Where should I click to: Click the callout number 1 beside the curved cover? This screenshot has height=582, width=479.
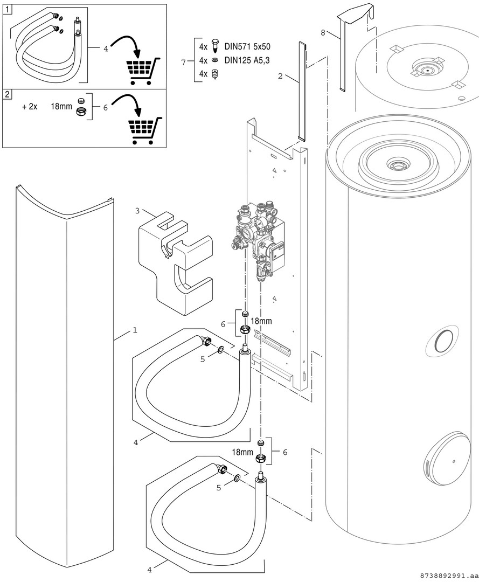coord(135,330)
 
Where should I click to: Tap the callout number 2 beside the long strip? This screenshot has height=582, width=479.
coord(280,76)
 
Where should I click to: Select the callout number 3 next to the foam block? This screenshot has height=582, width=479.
coord(137,210)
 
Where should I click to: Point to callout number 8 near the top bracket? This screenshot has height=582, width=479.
coord(323,32)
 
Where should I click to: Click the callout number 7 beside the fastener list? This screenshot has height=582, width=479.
coord(184,61)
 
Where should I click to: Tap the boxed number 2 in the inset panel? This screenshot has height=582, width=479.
coord(8,94)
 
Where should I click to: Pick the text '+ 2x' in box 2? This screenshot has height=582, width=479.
coord(30,107)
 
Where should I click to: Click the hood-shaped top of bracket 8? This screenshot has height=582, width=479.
coord(354,14)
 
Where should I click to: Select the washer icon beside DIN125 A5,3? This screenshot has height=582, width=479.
coord(215,60)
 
